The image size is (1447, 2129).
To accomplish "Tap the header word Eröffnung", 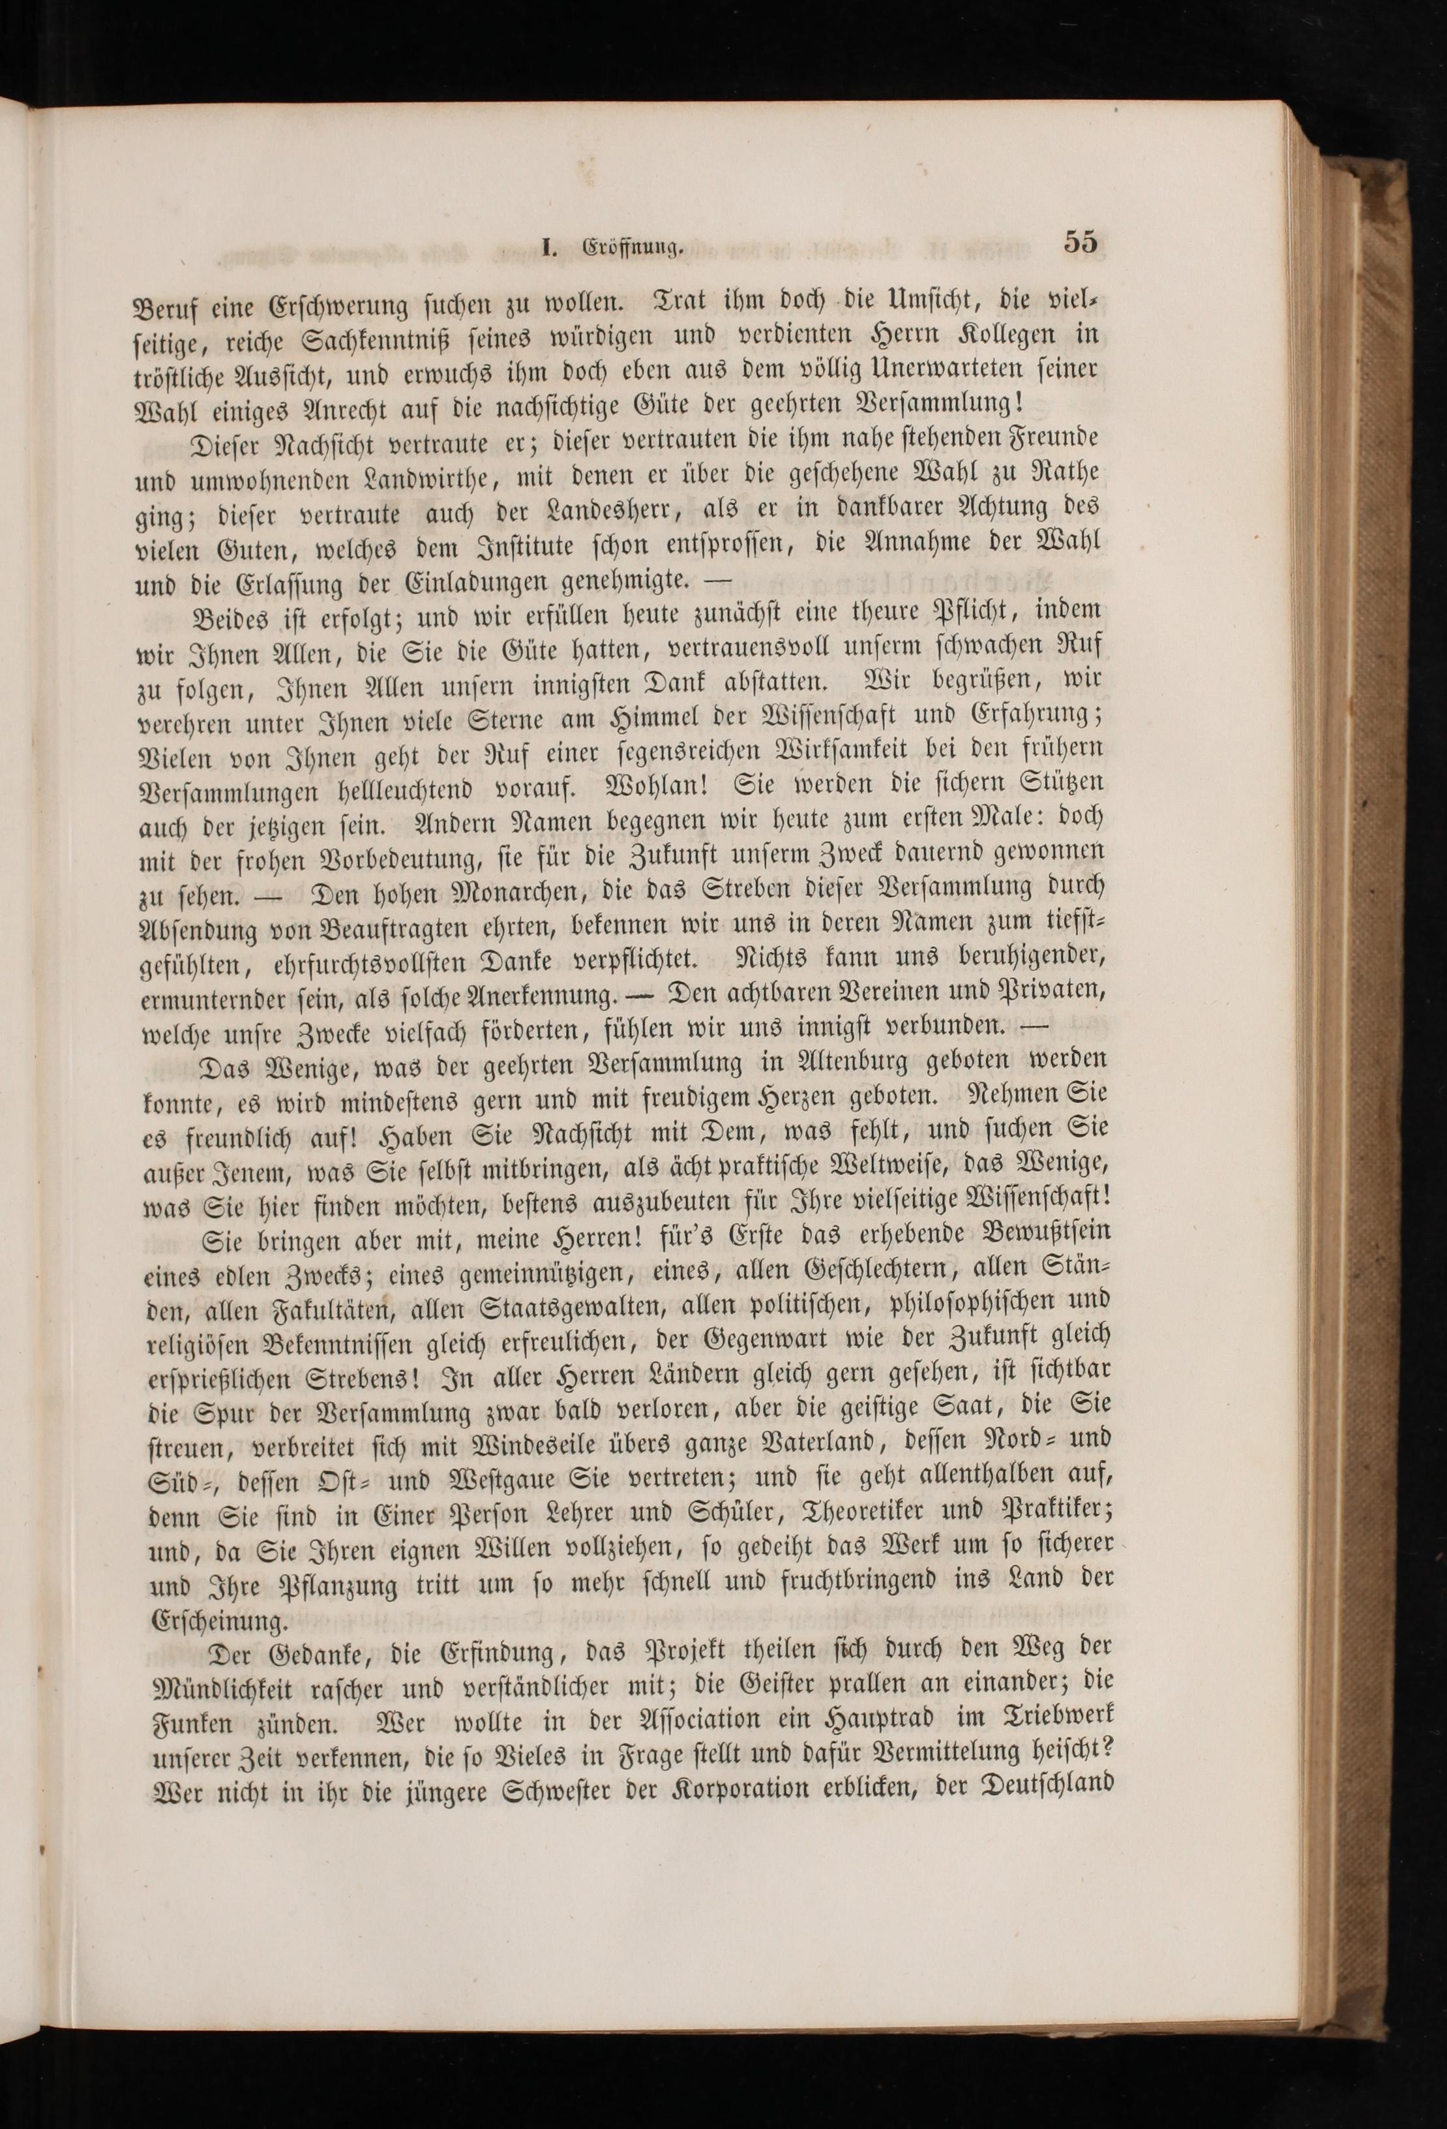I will (634, 247).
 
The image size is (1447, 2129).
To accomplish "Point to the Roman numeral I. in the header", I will (550, 247).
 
